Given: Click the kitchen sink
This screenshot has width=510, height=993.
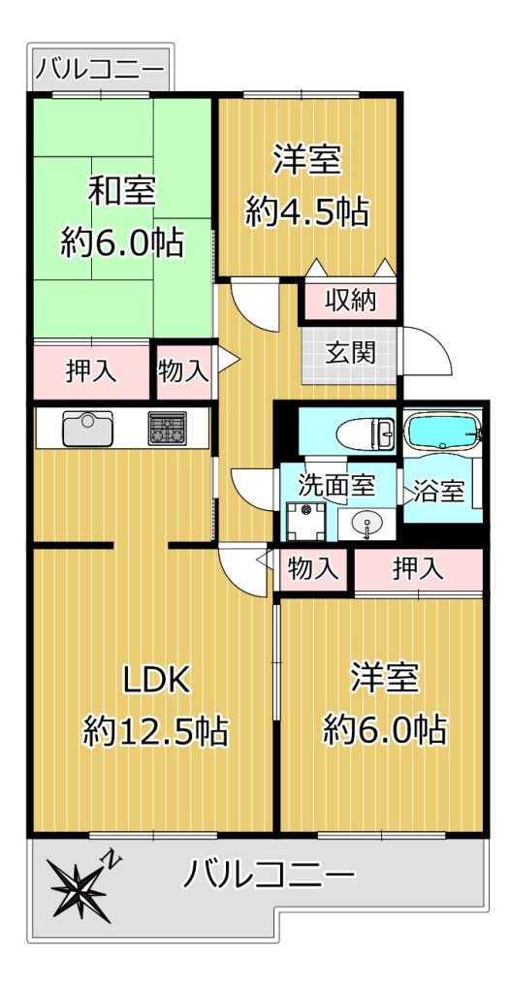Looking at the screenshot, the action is click(x=87, y=428).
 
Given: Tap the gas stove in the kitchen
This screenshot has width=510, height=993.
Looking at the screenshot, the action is click(x=168, y=429).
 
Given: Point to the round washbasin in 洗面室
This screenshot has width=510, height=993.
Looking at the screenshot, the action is click(x=367, y=525).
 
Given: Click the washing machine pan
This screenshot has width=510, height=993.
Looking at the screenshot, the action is click(x=306, y=521).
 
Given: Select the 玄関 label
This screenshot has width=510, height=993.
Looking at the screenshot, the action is click(x=350, y=353).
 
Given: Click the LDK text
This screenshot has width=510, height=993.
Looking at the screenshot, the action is click(x=156, y=681).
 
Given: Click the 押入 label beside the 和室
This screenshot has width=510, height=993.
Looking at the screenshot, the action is click(x=91, y=371).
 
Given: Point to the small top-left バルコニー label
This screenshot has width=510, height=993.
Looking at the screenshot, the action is click(x=99, y=67).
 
